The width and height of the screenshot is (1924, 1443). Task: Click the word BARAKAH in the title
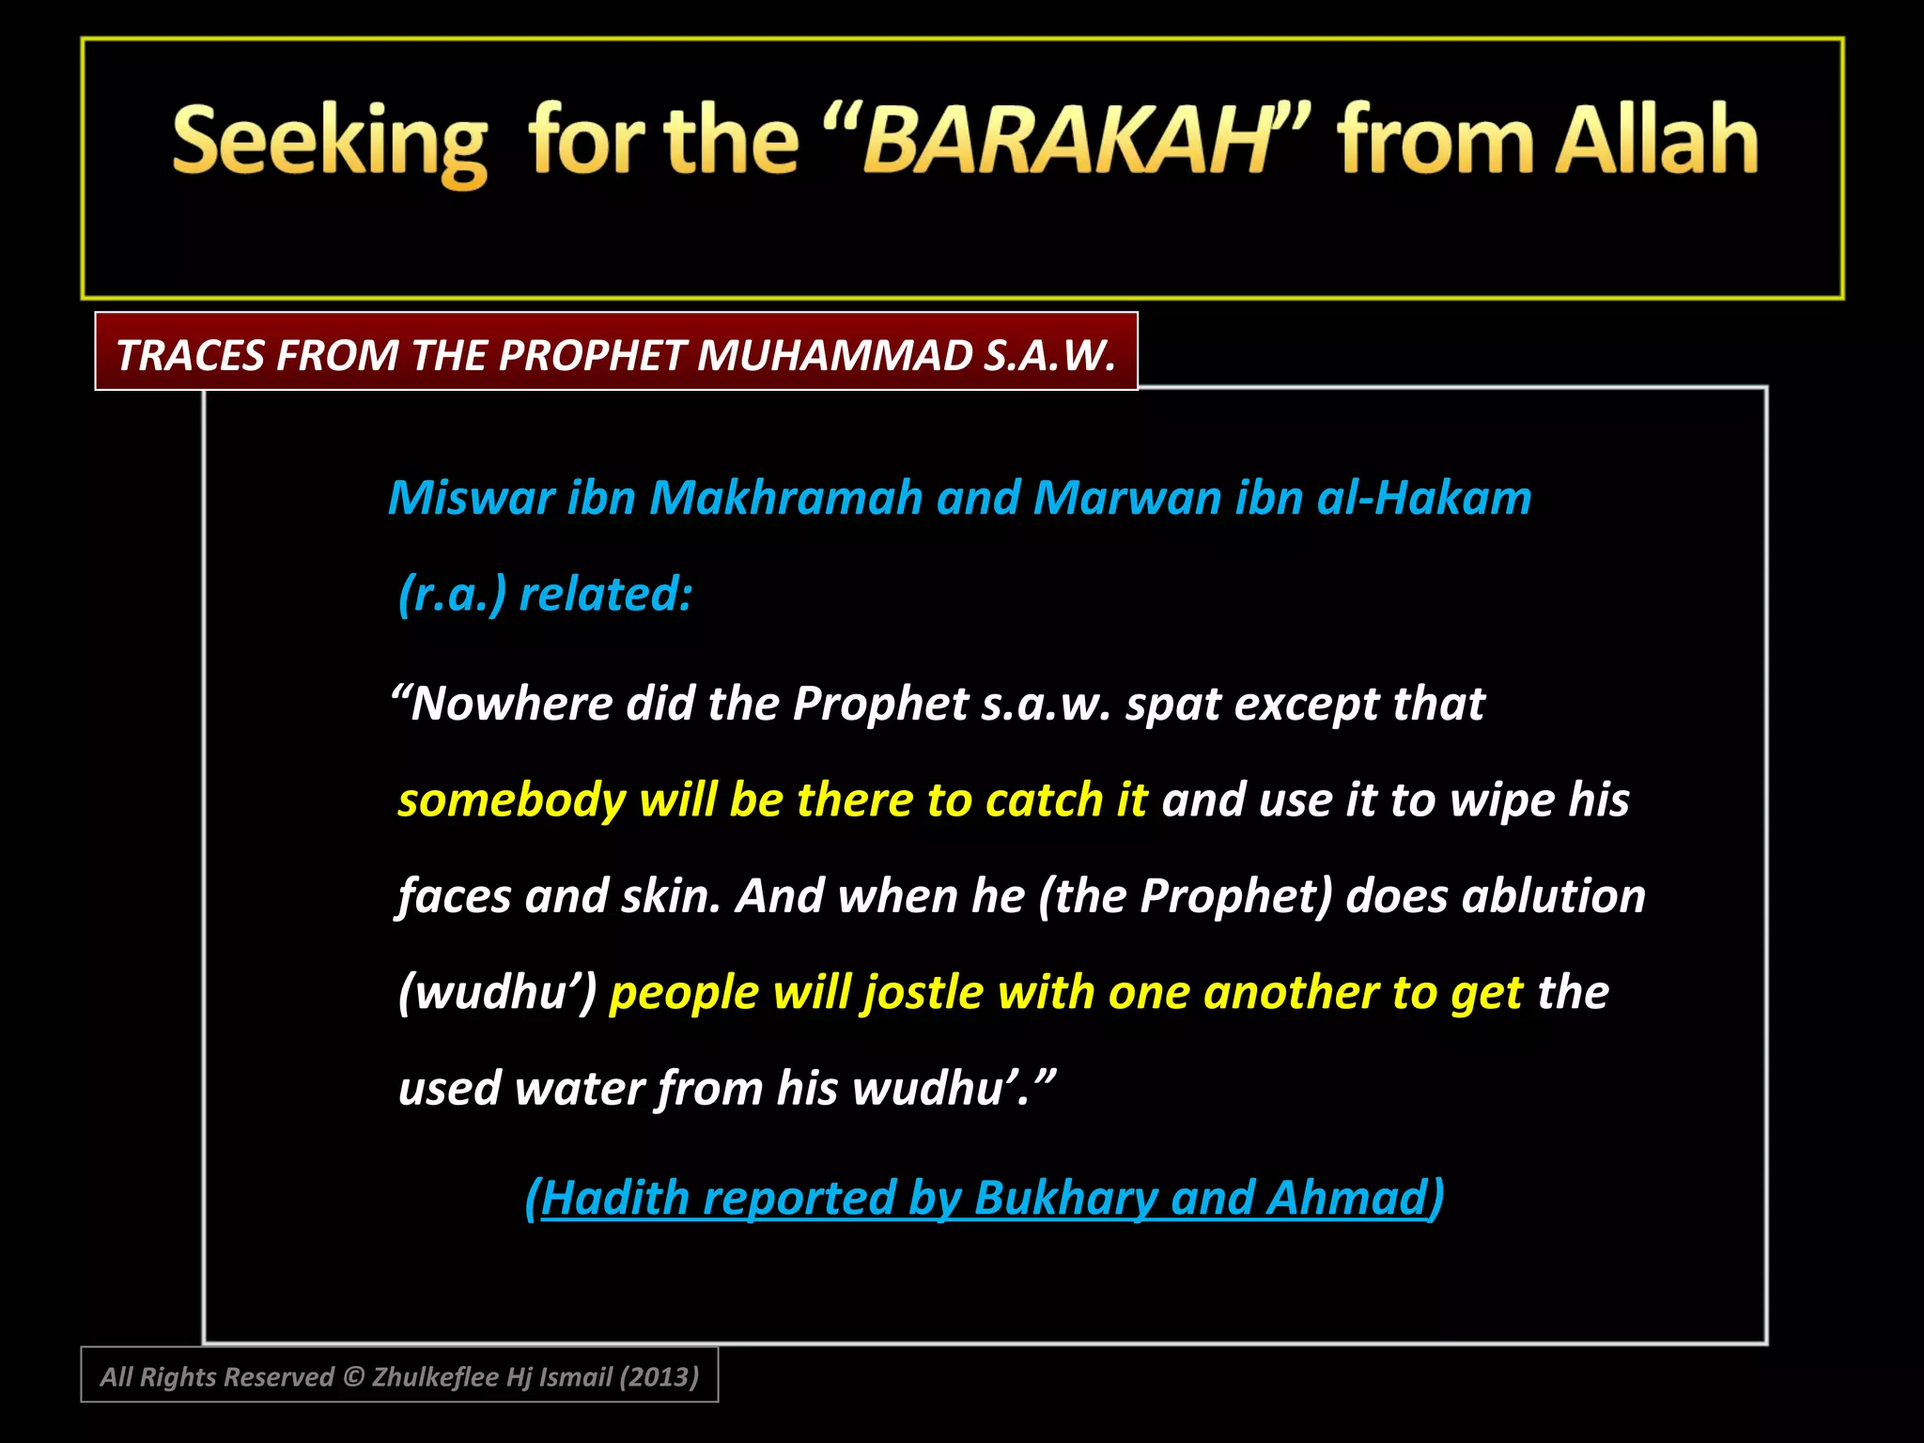click(x=1066, y=141)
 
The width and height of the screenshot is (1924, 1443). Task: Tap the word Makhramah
click(x=785, y=497)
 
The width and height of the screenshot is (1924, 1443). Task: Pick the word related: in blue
click(x=606, y=594)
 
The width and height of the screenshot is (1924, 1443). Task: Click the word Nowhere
click(x=511, y=703)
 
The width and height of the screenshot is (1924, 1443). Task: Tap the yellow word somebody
click(x=511, y=800)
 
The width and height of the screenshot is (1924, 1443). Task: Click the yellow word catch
click(x=1044, y=800)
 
